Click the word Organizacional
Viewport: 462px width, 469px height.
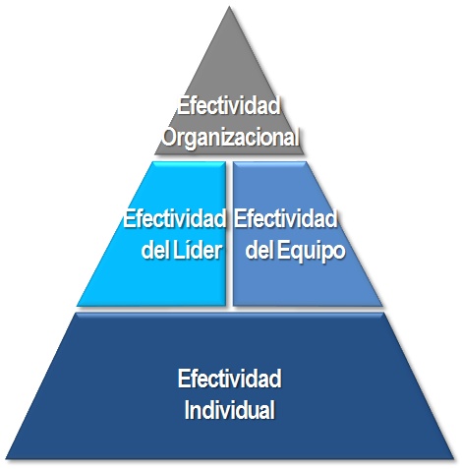[x=231, y=137]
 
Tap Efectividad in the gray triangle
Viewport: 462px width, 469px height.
[x=229, y=105]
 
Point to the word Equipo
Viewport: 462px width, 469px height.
[x=311, y=252]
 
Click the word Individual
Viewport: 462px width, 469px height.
[x=229, y=409]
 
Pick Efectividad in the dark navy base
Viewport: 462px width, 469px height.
[x=229, y=379]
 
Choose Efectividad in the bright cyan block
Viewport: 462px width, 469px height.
[x=174, y=218]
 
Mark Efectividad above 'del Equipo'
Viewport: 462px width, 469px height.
[x=285, y=218]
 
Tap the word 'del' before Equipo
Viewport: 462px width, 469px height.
[x=260, y=251]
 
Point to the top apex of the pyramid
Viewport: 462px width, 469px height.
[x=229, y=7]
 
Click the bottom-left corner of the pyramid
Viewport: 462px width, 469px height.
[x=7, y=458]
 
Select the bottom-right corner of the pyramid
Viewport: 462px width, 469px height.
[x=453, y=458]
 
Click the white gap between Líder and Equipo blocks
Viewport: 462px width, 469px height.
[x=229, y=234]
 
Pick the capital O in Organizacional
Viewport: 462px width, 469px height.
[x=170, y=137]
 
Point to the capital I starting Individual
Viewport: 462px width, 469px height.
[x=187, y=409]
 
